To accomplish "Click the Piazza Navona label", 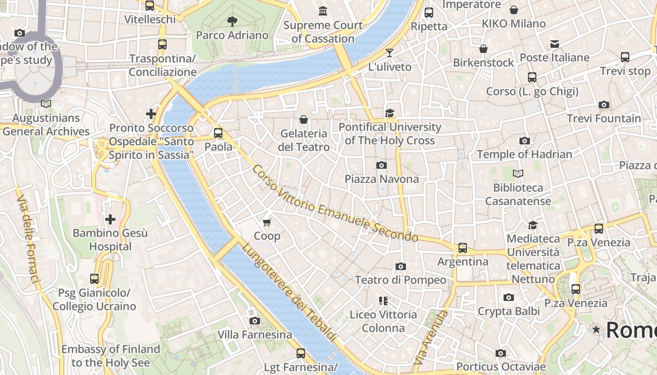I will pos(382,179).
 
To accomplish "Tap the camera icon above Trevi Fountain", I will pos(604,105).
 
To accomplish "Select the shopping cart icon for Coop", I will pos(267,222).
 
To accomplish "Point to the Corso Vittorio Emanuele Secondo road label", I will pos(335,204).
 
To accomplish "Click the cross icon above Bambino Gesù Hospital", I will pos(110,219).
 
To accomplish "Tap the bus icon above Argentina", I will pos(463,247).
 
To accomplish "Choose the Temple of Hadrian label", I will pos(524,154).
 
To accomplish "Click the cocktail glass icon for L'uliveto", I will pos(389,52).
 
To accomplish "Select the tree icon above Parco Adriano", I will pos(232,21).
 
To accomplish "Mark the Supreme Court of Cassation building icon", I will pos(323,11).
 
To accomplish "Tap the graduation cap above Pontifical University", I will pos(390,113).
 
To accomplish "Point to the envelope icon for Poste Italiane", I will pos(555,44).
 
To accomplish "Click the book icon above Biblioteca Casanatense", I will pos(518,174).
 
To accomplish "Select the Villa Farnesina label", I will pos(255,335).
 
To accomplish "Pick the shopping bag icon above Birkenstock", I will pos(483,49).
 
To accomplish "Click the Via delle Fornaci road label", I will pos(28,239).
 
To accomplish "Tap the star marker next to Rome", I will pos(596,330).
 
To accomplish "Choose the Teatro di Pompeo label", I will pos(400,280).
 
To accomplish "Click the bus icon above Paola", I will pos(218,133).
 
